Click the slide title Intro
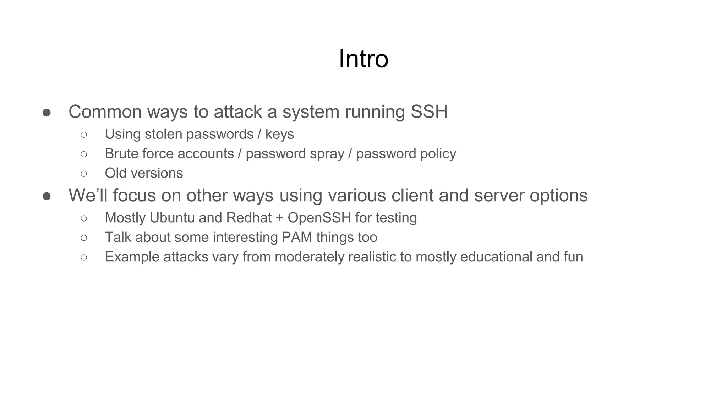363,59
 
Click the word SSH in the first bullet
429,112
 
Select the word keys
280,134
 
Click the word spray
327,154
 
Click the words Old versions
144,173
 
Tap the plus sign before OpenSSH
279,218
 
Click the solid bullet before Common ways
47,113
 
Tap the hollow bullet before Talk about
84,238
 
